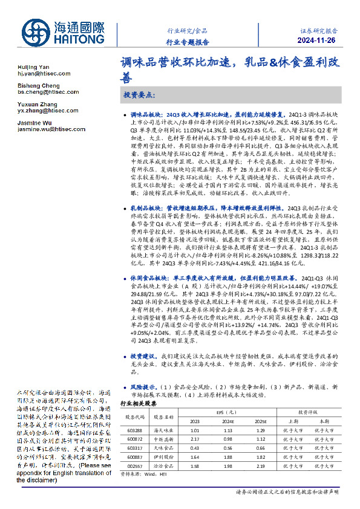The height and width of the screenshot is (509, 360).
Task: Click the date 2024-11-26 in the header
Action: pos(316,41)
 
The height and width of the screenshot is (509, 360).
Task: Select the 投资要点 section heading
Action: pos(139,95)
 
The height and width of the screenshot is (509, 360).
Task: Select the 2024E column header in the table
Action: pos(227,421)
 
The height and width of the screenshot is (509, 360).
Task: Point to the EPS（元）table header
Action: pos(227,412)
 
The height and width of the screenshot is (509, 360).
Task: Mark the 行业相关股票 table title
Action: pos(139,403)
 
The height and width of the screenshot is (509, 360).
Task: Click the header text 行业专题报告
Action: pos(188,42)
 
